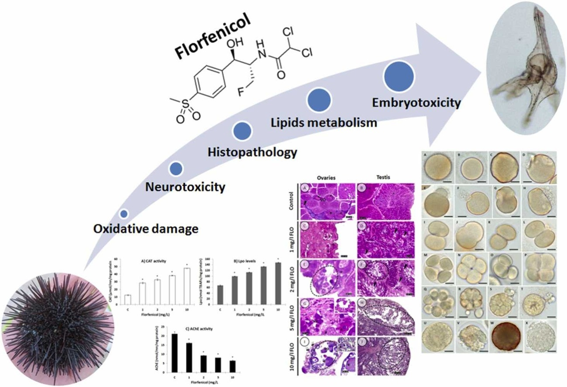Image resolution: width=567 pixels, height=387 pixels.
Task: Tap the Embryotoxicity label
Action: click(416, 103)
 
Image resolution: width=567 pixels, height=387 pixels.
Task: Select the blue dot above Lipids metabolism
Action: click(321, 100)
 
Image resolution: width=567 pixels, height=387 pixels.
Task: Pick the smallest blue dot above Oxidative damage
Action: click(124, 213)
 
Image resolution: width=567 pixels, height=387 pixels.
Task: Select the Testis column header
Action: click(385, 178)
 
